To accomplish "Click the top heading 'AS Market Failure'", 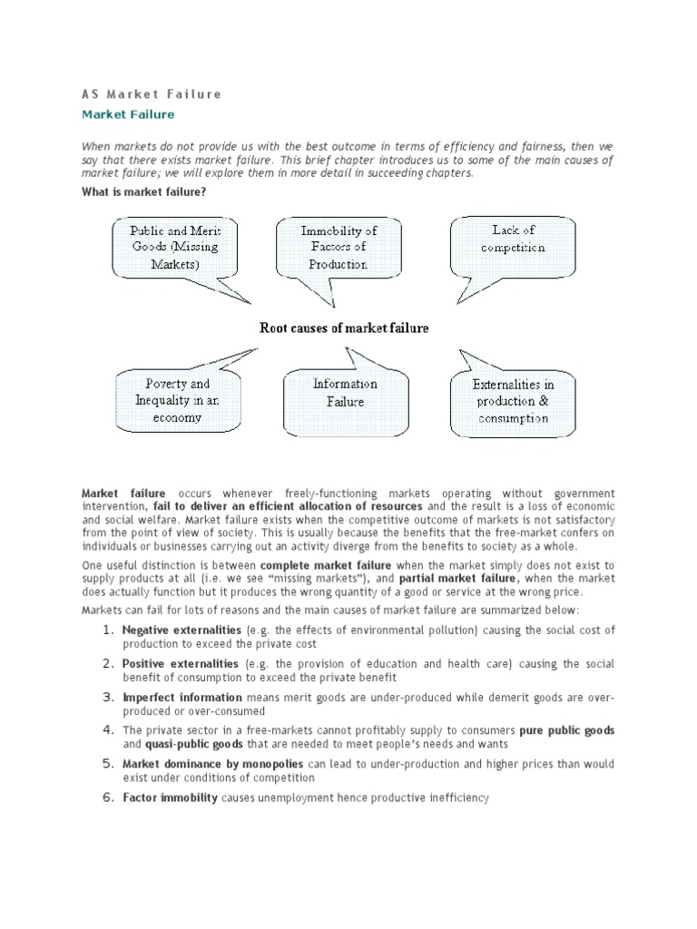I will [x=152, y=93].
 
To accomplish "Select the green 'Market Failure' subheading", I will [x=128, y=115].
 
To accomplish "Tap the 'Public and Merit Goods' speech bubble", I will [x=175, y=247].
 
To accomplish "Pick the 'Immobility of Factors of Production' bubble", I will [x=339, y=247].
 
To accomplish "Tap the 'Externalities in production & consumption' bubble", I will [x=513, y=401].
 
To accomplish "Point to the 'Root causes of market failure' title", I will [x=344, y=328].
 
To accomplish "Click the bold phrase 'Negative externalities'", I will [x=182, y=630].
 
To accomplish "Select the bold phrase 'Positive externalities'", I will [x=181, y=664].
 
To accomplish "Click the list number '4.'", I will [x=108, y=730].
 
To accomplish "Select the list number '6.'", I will [x=108, y=798].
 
